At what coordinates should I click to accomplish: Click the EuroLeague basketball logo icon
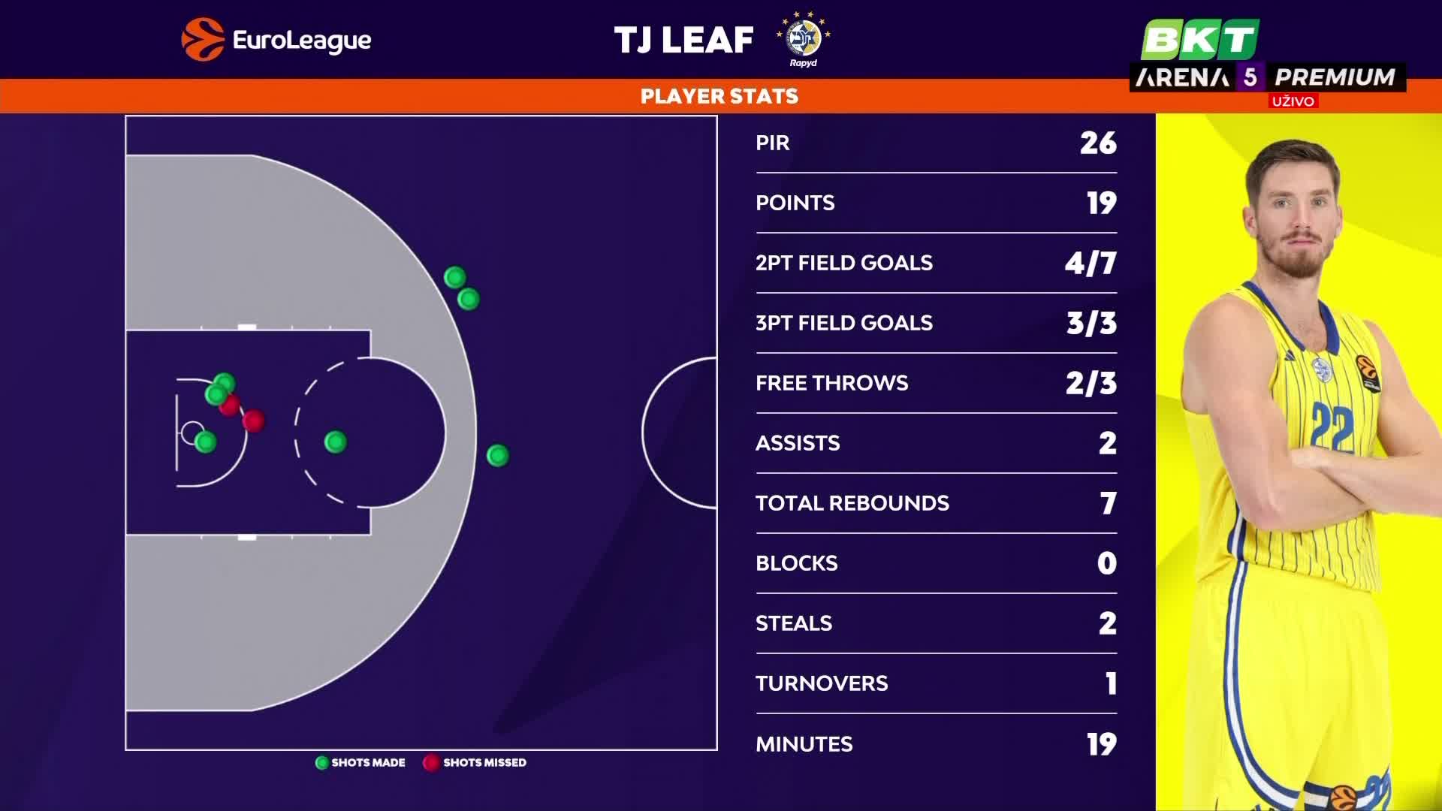point(203,39)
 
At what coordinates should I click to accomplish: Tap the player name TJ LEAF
point(683,41)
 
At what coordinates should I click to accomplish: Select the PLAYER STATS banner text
point(719,96)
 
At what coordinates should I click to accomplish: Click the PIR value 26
point(1098,143)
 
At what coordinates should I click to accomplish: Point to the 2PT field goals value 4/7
point(1091,264)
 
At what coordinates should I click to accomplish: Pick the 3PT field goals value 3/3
point(1091,324)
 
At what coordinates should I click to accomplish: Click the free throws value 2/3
point(1091,384)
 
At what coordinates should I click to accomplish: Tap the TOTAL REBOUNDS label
point(852,503)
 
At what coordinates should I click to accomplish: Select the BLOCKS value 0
point(1106,563)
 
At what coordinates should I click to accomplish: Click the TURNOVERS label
point(822,683)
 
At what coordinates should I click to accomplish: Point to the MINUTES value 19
point(1101,744)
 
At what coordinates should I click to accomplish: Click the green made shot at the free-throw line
point(336,442)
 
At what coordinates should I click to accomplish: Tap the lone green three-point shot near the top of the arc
point(497,456)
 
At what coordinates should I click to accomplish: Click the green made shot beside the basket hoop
point(205,442)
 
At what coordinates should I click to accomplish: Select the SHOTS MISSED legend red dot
point(430,763)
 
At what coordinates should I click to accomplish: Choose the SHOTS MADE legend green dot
point(322,763)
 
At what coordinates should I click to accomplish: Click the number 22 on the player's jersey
point(1332,427)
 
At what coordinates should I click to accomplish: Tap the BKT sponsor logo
point(1199,39)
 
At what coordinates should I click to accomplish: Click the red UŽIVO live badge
point(1293,101)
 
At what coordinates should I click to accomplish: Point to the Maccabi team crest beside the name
point(804,38)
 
